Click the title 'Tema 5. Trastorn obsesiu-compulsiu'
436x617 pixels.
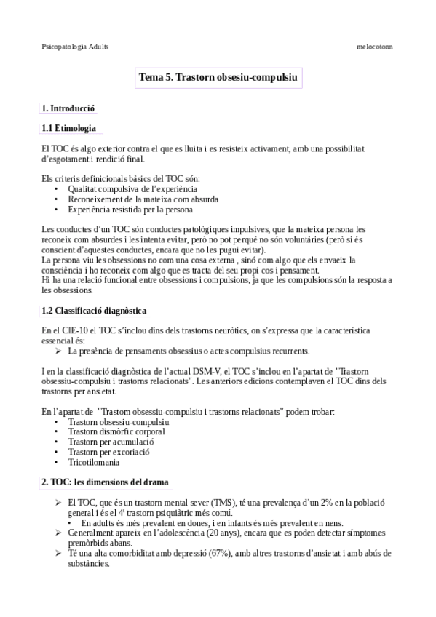pyautogui.click(x=218, y=77)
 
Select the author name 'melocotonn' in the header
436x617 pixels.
pyautogui.click(x=375, y=46)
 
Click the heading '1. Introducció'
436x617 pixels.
pyautogui.click(x=68, y=108)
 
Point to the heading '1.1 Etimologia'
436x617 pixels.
pyautogui.click(x=70, y=129)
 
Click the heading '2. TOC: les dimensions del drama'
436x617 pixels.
pyautogui.click(x=106, y=482)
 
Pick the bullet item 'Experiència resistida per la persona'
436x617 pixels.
pyautogui.click(x=130, y=209)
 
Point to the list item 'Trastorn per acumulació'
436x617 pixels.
pyautogui.click(x=111, y=442)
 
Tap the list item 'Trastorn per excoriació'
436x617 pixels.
pyautogui.click(x=108, y=452)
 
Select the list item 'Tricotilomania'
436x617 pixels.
pyautogui.click(x=95, y=461)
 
